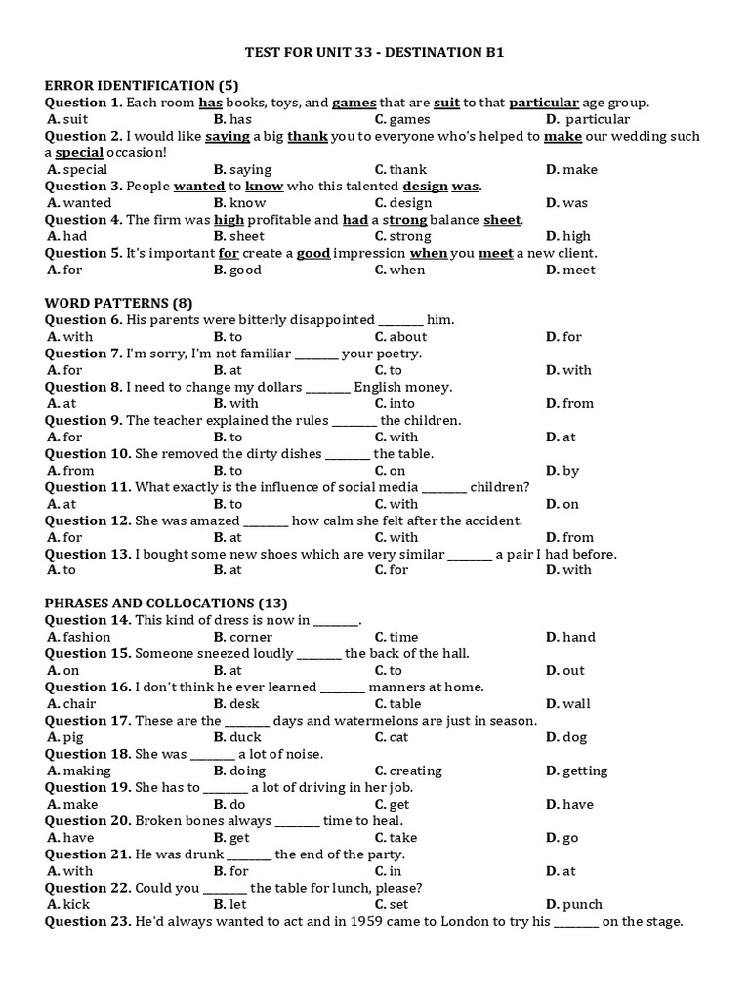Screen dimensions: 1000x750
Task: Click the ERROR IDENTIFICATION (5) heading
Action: click(142, 86)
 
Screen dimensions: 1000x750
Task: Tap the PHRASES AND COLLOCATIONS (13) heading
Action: click(166, 604)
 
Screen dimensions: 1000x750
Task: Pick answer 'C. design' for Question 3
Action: click(402, 203)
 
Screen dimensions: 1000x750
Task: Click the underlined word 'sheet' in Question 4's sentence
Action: click(502, 220)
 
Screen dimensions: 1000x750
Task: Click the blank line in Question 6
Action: click(400, 320)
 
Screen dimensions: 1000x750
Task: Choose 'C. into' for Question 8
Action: click(395, 403)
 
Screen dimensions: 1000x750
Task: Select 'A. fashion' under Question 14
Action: click(79, 637)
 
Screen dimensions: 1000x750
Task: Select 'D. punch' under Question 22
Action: click(574, 904)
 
